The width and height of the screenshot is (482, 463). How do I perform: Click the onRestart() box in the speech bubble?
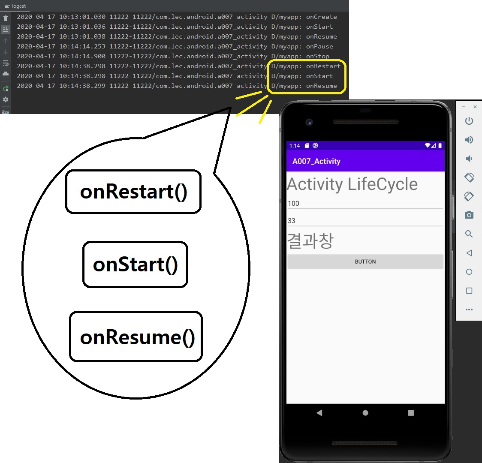133,192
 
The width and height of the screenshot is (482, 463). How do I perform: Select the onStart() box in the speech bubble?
135,265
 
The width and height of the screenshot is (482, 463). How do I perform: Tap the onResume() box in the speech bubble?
136,337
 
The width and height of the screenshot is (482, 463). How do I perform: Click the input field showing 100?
365,204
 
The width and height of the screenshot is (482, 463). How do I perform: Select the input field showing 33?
365,221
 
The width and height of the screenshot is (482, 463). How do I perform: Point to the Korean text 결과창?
310,241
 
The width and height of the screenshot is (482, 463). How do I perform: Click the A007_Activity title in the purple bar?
316,161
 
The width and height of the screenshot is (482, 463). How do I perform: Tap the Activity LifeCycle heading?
352,184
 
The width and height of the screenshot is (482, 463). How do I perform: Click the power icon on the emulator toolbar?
469,121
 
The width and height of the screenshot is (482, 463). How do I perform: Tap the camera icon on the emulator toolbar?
469,215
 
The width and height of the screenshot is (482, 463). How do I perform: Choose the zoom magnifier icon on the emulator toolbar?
469,234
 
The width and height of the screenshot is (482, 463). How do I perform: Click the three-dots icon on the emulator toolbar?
469,310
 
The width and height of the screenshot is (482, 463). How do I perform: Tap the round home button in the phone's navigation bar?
365,413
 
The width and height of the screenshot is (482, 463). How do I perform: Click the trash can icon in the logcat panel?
6,18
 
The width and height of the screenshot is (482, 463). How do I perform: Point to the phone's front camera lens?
309,122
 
